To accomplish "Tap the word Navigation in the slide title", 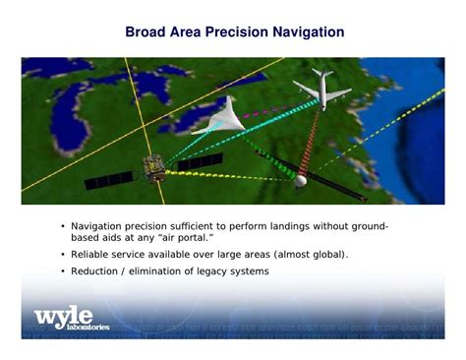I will tap(303, 32).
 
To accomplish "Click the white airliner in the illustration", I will tap(320, 89).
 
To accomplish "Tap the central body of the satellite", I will tap(152, 169).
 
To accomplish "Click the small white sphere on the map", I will tap(301, 180).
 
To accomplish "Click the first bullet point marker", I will tap(62, 227).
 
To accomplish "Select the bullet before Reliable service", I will tap(62, 255).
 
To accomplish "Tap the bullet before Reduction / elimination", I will tap(62, 271).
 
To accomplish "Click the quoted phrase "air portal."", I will tap(184, 238).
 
